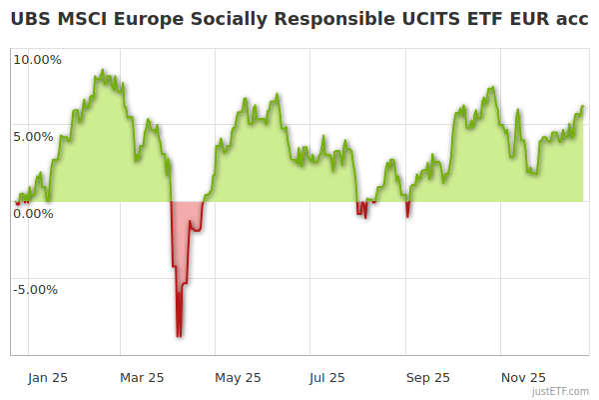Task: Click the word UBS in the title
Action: click(x=30, y=19)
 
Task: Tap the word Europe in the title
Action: click(x=152, y=19)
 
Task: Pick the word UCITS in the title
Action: click(x=430, y=19)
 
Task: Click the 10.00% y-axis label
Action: click(x=37, y=60)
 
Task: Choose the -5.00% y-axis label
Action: click(x=35, y=291)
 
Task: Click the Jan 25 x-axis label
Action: click(x=48, y=378)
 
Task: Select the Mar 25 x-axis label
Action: click(x=142, y=378)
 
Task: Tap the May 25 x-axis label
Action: click(x=238, y=378)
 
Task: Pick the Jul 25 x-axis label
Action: click(x=327, y=378)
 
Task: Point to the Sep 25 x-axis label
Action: click(x=428, y=378)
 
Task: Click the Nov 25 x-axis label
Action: click(x=523, y=378)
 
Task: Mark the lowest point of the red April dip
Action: click(x=179, y=336)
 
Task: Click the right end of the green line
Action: click(x=583, y=106)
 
